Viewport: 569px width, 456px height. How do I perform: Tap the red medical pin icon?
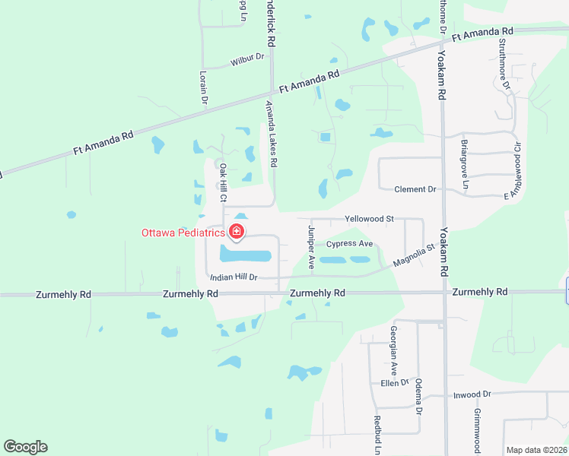point(237,232)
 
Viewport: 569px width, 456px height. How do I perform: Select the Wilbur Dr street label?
point(249,57)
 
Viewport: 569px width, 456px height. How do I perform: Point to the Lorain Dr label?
point(204,87)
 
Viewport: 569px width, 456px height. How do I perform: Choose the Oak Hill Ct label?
point(224,182)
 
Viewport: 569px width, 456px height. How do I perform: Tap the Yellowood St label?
point(369,218)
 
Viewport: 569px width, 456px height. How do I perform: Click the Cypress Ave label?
point(349,244)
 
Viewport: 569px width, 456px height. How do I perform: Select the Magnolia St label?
point(413,255)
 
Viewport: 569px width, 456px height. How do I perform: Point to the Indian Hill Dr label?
point(234,277)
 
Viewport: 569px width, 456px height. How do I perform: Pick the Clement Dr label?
point(415,189)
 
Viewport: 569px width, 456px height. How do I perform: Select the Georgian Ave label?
point(394,346)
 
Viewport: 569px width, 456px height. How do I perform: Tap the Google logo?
point(26,447)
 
